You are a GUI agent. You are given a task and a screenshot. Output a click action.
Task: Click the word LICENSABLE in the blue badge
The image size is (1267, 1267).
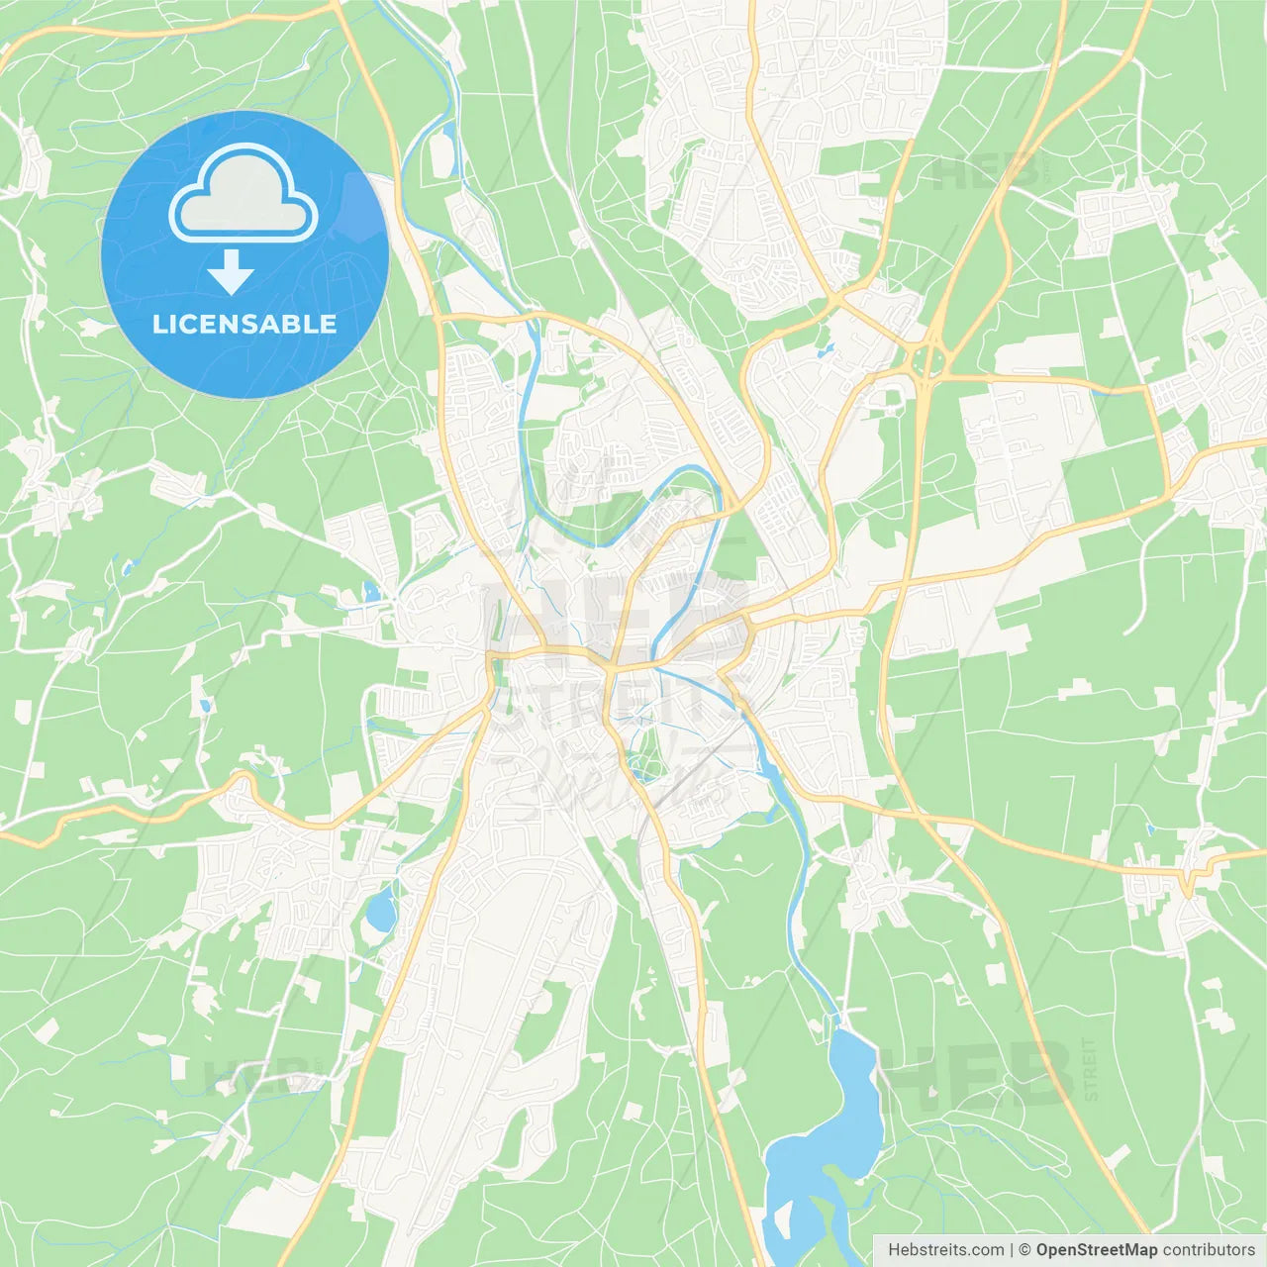(x=244, y=324)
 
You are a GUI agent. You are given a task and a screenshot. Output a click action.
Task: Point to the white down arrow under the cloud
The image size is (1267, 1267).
(x=231, y=272)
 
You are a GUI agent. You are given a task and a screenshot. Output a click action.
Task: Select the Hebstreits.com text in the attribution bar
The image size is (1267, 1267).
(x=945, y=1250)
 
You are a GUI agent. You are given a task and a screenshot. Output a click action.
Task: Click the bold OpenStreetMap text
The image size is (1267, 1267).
(x=1096, y=1250)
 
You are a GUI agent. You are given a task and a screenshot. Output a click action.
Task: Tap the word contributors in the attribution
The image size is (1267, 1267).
(x=1209, y=1250)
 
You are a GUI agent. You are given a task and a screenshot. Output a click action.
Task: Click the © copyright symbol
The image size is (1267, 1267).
(x=1025, y=1250)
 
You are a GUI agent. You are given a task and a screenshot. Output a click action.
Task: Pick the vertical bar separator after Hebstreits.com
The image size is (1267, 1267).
(x=1012, y=1250)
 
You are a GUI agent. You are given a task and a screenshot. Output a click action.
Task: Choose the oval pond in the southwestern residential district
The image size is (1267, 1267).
(x=380, y=911)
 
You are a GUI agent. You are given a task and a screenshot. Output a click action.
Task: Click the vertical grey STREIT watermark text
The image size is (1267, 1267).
(x=1090, y=1069)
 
